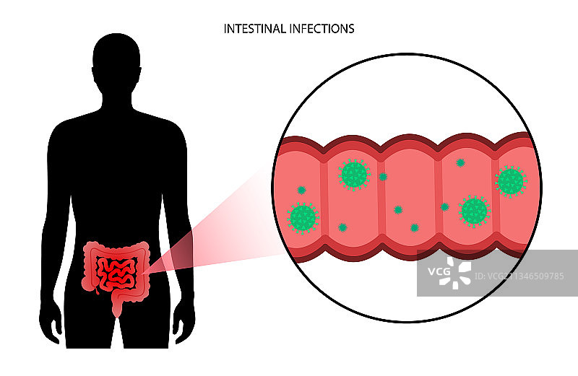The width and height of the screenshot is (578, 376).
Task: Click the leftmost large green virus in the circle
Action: click(x=303, y=217)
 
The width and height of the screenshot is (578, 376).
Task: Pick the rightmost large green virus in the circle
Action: click(x=511, y=181)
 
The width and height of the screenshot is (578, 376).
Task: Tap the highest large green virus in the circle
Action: click(x=354, y=175)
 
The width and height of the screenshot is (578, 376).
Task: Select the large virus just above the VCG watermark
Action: click(x=474, y=211)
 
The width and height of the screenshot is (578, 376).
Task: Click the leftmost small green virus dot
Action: click(x=301, y=190)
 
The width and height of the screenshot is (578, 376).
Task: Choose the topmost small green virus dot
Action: click(x=460, y=162)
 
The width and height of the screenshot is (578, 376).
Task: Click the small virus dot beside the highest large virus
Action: click(x=383, y=176)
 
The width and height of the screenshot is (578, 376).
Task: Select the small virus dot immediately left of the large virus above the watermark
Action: click(x=445, y=207)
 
